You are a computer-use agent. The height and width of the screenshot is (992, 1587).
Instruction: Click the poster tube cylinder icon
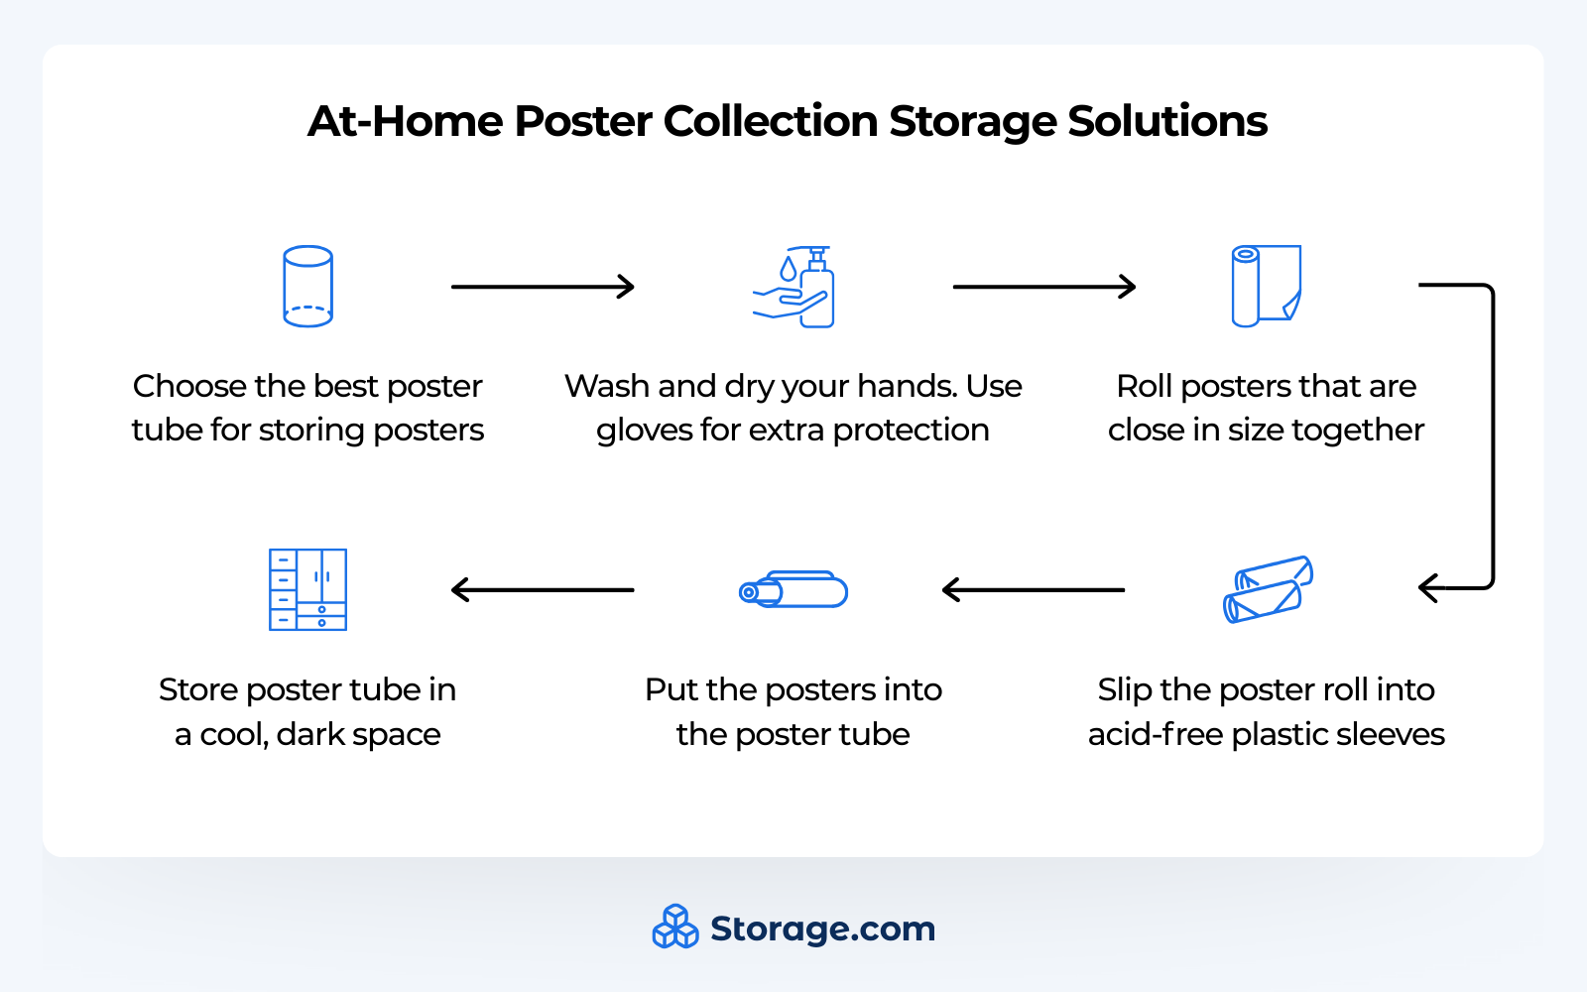tap(307, 287)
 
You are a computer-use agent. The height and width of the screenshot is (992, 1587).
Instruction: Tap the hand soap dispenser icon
tap(794, 288)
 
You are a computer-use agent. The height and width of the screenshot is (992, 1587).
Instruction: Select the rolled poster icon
tap(1266, 286)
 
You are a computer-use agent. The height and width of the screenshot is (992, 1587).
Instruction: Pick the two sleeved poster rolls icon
tap(1268, 589)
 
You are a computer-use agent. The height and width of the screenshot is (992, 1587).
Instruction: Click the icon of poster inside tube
tap(793, 590)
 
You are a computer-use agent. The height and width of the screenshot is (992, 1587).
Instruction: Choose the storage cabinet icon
tap(307, 589)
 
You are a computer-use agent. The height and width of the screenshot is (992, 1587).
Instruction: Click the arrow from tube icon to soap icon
tap(543, 287)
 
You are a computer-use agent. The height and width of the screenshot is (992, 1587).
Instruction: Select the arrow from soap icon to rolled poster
tap(1043, 287)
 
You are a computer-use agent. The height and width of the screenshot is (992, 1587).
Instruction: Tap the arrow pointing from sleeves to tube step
tap(1033, 590)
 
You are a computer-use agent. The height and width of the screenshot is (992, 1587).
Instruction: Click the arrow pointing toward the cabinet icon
tap(543, 590)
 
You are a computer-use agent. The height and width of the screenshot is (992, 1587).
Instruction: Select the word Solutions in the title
tap(1167, 122)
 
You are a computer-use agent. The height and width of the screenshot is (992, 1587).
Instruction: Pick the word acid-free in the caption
tap(1155, 735)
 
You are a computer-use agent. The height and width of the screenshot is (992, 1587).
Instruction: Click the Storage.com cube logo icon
tap(675, 927)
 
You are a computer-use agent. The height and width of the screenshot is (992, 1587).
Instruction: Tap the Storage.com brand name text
tap(822, 930)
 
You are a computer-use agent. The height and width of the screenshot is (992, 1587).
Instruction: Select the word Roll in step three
tap(1144, 386)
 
